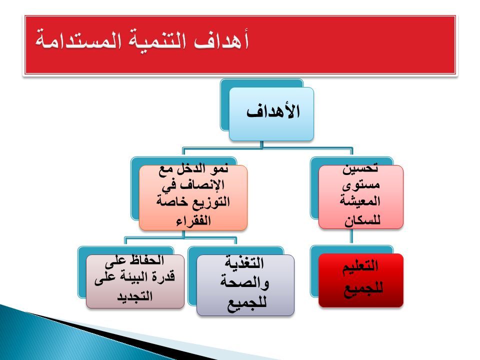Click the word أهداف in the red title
tap(221, 40)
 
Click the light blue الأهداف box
tap(271, 114)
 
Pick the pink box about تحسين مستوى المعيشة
tap(361, 197)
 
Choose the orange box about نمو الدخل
tap(193, 198)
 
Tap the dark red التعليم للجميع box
tap(361, 280)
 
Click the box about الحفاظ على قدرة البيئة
tap(135, 281)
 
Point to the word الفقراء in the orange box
tap(193, 220)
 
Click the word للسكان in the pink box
tap(362, 220)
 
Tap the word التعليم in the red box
tap(360, 265)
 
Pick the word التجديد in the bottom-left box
tap(134, 296)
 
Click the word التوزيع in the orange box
tap(210, 201)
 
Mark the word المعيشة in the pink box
tap(360, 201)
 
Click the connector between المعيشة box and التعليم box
tap(351, 237)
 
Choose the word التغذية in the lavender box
tap(244, 262)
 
